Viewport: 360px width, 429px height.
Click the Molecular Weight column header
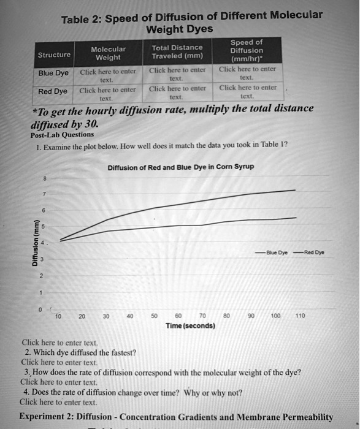108,53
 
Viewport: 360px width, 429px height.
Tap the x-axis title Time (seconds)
190,326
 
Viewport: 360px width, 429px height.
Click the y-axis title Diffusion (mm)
36,242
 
